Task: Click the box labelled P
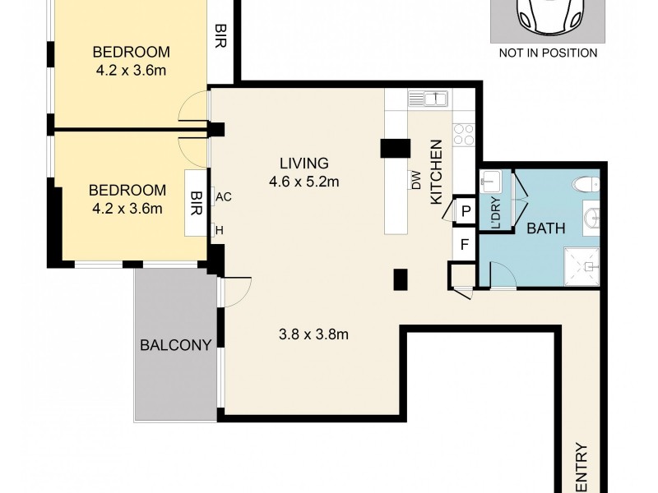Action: click(x=466, y=211)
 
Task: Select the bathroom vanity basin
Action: click(x=593, y=219)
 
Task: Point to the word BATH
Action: click(x=547, y=228)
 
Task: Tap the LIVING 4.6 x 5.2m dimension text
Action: click(x=304, y=173)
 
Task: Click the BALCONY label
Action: click(x=176, y=344)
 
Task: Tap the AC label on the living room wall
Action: click(x=223, y=196)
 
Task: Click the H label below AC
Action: click(x=220, y=230)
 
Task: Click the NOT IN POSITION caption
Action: click(x=548, y=53)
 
